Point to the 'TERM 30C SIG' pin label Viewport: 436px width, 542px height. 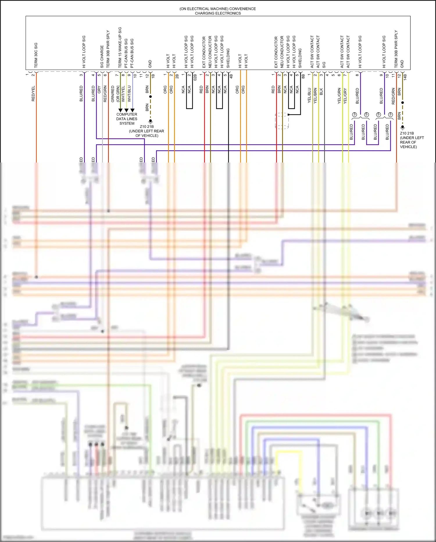coord(36,55)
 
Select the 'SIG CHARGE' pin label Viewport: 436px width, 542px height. coord(102,57)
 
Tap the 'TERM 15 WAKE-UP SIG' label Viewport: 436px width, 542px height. coord(120,47)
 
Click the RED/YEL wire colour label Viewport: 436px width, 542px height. coord(33,93)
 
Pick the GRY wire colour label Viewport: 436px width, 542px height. coord(99,89)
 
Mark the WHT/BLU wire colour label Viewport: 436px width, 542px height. coord(129,93)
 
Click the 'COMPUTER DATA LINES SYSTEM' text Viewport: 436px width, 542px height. coord(127,119)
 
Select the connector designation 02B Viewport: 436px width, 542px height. coord(195,77)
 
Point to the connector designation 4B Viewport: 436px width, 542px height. coord(231,76)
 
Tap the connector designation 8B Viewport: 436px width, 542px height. coord(303,76)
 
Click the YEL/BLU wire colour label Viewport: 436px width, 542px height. coord(309,95)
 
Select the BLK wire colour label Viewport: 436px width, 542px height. coord(321,92)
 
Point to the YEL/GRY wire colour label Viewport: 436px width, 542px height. coord(345,96)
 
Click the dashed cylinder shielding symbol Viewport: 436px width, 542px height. coord(282,121)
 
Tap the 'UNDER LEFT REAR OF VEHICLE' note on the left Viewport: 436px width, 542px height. coord(147,133)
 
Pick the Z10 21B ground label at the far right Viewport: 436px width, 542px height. coord(407,133)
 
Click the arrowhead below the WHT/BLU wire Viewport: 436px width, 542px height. coord(133,110)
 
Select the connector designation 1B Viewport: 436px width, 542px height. coord(153,76)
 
